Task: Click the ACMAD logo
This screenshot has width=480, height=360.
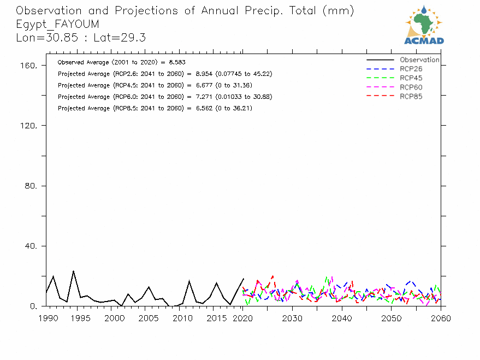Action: (x=424, y=25)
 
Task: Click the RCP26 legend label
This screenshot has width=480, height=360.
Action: (x=411, y=69)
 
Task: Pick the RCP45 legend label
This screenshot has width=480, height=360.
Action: (x=411, y=78)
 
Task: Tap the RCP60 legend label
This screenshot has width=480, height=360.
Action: (x=411, y=87)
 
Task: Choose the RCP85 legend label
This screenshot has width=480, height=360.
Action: (x=411, y=97)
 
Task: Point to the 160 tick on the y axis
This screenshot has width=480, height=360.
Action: (x=28, y=66)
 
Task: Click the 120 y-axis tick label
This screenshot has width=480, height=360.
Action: (x=28, y=126)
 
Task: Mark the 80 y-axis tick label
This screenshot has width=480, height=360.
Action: (x=31, y=186)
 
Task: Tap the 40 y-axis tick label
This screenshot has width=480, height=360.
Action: (x=31, y=246)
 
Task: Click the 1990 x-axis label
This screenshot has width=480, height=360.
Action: (x=49, y=318)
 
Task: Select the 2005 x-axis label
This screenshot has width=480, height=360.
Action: (x=149, y=318)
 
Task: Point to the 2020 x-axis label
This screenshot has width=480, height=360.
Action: (x=243, y=318)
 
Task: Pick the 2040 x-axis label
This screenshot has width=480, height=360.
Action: (x=342, y=318)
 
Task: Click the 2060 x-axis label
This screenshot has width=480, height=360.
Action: (x=441, y=318)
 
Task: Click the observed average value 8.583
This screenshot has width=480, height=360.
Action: (x=177, y=62)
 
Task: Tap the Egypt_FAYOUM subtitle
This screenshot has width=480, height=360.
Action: (x=57, y=24)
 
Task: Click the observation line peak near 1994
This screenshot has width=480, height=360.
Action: (x=74, y=271)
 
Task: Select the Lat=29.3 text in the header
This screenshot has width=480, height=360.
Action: (x=120, y=38)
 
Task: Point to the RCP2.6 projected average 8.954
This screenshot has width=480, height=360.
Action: (x=204, y=74)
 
